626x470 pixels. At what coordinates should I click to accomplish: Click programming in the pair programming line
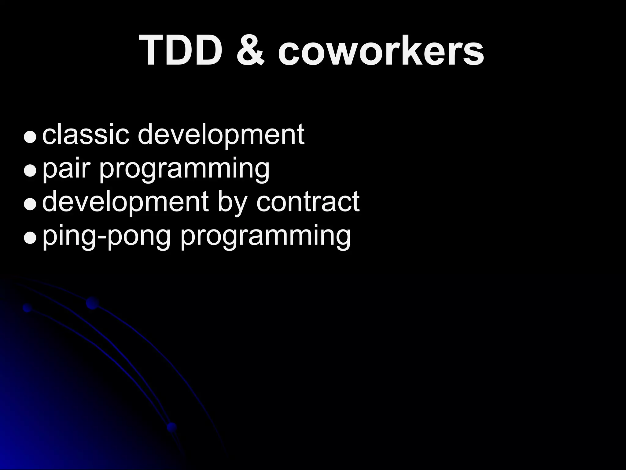184,169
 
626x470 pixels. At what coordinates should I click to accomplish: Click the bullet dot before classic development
30,137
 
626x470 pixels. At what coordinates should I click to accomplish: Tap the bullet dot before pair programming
30,170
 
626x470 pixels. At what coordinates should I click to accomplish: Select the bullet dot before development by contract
30,204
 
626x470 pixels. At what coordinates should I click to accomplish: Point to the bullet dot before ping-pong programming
30,238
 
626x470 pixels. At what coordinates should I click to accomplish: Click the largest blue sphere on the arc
92,303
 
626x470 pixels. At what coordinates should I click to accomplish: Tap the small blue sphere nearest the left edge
28,308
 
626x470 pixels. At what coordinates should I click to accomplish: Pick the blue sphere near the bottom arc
172,427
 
